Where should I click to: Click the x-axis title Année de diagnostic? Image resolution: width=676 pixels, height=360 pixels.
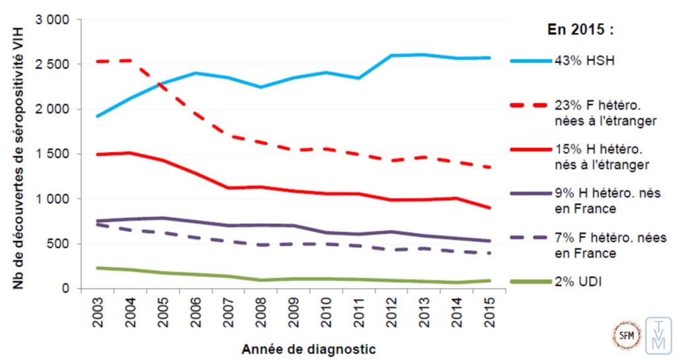[309, 347]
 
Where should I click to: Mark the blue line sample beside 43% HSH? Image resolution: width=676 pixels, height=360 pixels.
[531, 61]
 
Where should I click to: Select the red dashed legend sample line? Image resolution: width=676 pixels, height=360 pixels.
[531, 104]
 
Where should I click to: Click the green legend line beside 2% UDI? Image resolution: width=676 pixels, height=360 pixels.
[531, 282]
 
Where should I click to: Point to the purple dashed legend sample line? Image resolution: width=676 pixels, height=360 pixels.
[531, 238]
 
